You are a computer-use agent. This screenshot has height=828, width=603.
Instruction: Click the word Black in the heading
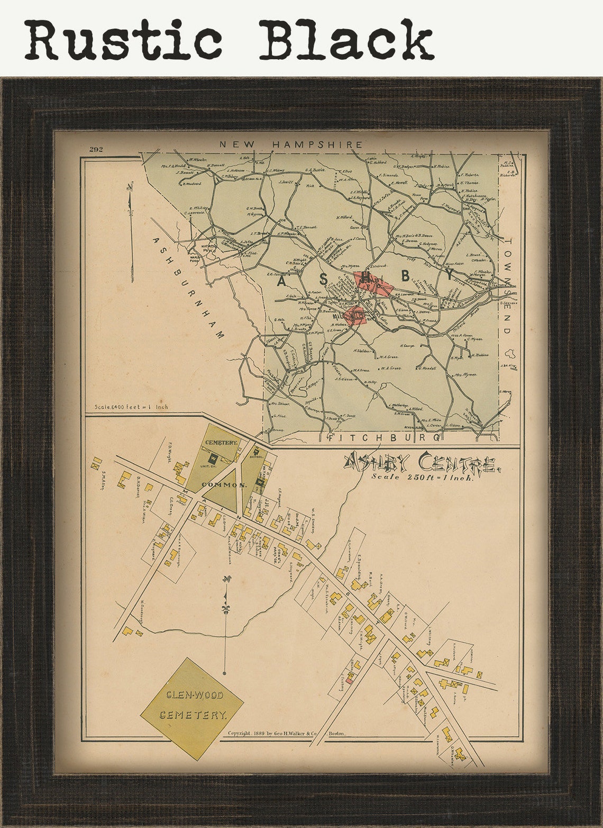click(x=346, y=40)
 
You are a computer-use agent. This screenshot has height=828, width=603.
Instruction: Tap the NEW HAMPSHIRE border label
click(x=291, y=144)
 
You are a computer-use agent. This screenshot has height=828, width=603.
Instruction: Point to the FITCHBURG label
click(x=384, y=438)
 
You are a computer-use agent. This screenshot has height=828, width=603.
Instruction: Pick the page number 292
click(x=96, y=149)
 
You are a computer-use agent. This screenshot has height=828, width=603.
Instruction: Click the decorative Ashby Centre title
click(x=421, y=464)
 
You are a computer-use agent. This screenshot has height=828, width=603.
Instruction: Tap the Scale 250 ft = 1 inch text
click(x=423, y=476)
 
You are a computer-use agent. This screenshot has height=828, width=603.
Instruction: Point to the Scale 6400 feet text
click(x=131, y=407)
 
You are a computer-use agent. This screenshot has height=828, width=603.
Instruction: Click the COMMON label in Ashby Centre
click(x=228, y=484)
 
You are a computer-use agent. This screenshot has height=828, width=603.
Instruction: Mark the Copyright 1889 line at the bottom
click(x=286, y=734)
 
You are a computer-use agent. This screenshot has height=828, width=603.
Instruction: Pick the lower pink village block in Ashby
click(x=354, y=314)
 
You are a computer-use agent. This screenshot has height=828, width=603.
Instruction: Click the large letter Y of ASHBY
click(x=450, y=274)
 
